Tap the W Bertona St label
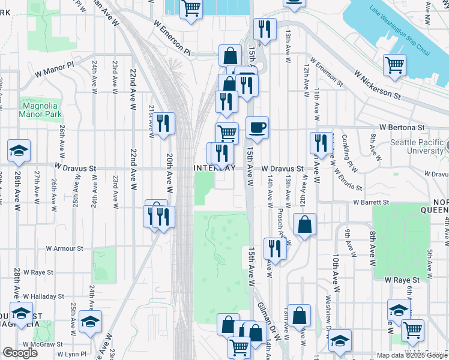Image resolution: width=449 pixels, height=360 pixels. (402, 128)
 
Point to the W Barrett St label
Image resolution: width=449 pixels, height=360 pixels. (371, 203)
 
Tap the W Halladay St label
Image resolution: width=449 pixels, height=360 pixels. (43, 296)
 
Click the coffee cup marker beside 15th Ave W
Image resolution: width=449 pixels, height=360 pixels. (257, 128)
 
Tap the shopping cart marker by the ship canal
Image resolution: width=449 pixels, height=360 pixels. (394, 65)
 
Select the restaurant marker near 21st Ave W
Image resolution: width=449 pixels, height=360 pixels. (163, 124)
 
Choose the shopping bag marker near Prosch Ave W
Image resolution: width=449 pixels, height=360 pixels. (305, 225)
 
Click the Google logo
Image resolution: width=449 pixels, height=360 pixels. (20, 353)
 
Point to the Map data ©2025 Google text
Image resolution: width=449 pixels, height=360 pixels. (411, 355)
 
